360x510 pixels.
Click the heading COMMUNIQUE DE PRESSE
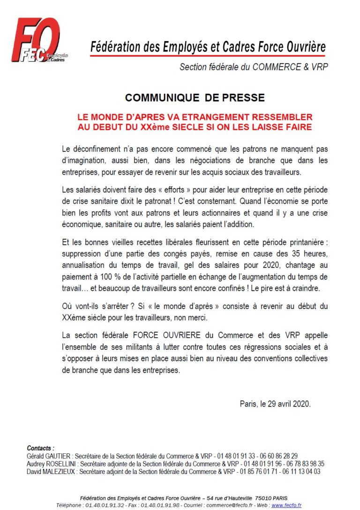[195, 98]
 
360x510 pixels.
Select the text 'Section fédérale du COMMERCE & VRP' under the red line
[254, 67]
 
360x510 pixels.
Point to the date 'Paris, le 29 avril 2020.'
[275, 404]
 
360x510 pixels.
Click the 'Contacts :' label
[40, 448]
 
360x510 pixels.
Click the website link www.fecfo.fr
[286, 505]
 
